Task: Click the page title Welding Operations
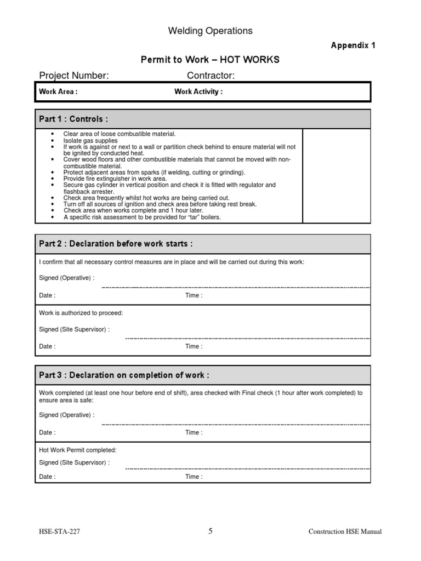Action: (x=210, y=31)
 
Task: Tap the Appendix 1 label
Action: (x=353, y=45)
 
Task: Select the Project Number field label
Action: (x=74, y=76)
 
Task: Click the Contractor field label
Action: (x=211, y=76)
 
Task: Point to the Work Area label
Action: (x=58, y=92)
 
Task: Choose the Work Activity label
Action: (x=198, y=92)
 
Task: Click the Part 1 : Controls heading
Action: (x=73, y=119)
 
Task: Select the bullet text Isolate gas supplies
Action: (x=90, y=140)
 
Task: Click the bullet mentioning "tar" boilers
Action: (x=142, y=217)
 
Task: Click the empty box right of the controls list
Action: (x=336, y=176)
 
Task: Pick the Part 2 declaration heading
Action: (x=116, y=244)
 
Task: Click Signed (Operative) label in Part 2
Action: (x=67, y=278)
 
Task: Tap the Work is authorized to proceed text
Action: (x=81, y=313)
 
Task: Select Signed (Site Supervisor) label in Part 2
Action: (x=74, y=329)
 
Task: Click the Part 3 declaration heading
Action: (x=124, y=375)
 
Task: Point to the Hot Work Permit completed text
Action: (x=78, y=450)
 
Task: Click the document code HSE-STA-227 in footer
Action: (x=62, y=531)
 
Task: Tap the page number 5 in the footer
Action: (x=210, y=531)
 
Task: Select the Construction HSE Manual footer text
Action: (x=345, y=531)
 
